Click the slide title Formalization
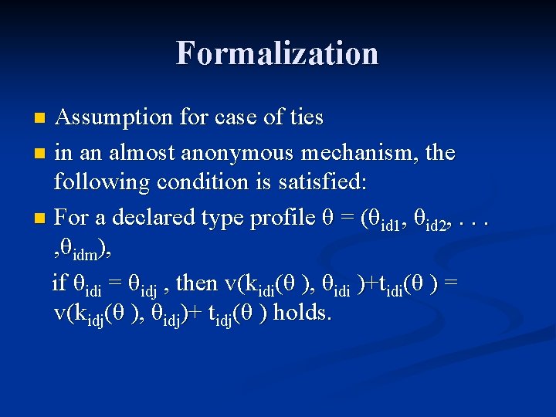coord(277,53)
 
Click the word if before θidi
coord(59,283)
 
